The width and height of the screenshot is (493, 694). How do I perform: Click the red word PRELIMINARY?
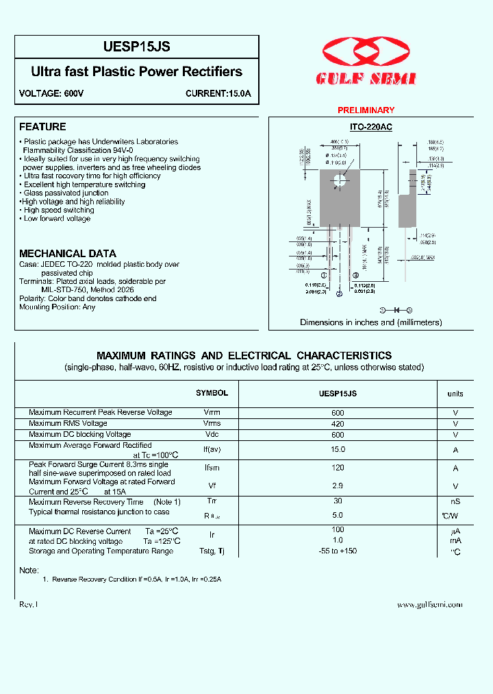pos(366,110)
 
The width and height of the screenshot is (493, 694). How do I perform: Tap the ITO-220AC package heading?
pos(370,127)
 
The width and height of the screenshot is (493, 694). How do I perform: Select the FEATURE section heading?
pos(42,127)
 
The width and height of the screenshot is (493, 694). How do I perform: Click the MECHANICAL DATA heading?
pos(68,253)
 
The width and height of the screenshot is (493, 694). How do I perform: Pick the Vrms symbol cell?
pos(212,423)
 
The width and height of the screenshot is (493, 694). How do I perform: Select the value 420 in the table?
pos(338,423)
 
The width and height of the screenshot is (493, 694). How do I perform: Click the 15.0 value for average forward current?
pos(338,449)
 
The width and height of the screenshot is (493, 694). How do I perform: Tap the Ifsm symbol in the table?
pos(212,468)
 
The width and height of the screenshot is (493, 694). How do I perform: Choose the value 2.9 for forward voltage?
pos(338,486)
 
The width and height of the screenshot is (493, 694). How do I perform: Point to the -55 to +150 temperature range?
pos(338,551)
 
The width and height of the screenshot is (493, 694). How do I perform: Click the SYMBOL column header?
pos(212,394)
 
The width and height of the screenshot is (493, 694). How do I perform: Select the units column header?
pos(455,394)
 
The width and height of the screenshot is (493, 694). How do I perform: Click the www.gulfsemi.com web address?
pos(429,604)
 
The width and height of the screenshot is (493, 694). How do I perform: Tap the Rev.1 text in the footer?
pos(29,604)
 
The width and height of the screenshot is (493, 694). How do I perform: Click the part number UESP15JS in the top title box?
pos(136,47)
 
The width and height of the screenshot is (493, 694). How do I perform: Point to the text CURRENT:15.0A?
pos(218,93)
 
